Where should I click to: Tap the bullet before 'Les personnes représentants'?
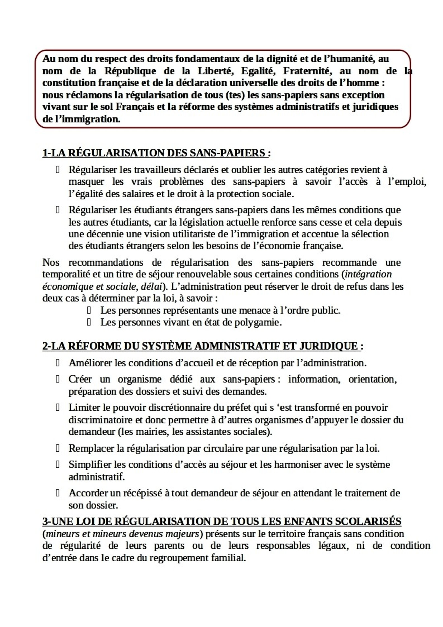(89, 310)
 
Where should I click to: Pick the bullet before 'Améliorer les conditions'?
(57, 363)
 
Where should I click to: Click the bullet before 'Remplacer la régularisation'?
(57, 448)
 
